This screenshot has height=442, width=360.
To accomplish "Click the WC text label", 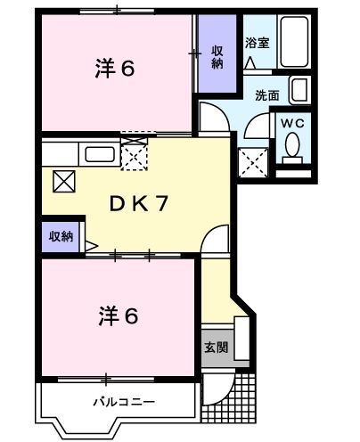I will click(x=291, y=124).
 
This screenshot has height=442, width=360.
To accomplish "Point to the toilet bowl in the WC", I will click(x=290, y=151).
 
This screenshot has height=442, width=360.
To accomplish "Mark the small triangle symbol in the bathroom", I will click(x=250, y=63).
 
